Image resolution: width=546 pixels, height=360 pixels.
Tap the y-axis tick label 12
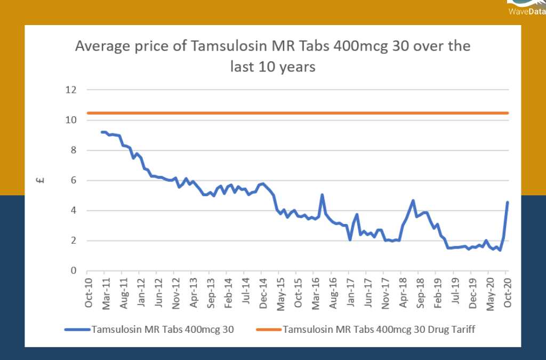(70, 90)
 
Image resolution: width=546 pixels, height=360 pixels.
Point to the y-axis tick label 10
(70, 121)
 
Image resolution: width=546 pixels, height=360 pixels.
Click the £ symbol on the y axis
(41, 180)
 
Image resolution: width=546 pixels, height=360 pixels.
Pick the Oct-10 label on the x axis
(89, 293)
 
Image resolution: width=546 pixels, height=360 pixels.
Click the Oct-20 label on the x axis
(508, 293)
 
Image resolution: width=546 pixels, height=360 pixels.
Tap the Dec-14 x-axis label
(263, 293)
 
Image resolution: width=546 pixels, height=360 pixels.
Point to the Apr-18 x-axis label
(403, 293)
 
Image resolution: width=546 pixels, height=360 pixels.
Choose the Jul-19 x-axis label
(455, 293)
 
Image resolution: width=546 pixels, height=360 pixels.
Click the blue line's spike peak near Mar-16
(322, 195)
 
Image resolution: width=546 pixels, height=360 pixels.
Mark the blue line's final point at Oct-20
(508, 202)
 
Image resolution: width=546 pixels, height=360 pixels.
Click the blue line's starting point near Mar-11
(102, 132)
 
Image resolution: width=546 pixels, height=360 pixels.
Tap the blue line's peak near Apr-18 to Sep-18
(413, 201)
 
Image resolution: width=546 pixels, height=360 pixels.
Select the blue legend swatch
(77, 330)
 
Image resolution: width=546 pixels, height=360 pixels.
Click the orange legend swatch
(268, 330)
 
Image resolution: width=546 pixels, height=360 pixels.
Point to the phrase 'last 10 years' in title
(272, 67)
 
